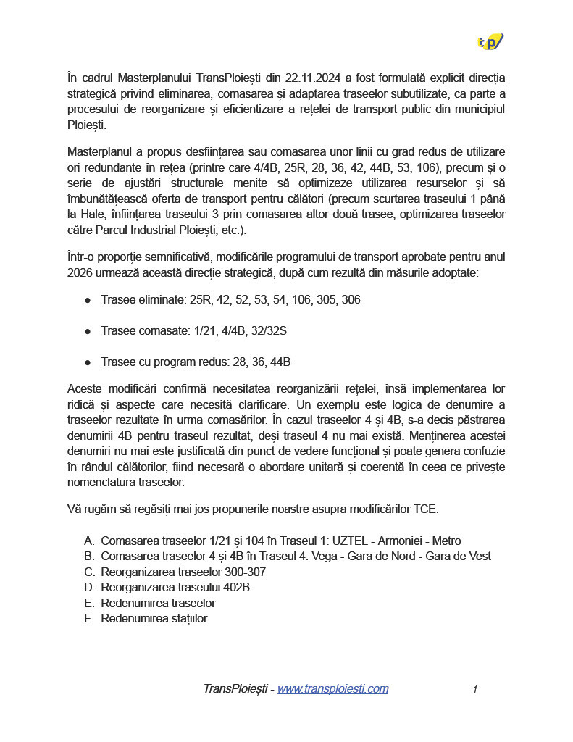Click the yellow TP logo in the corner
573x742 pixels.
tap(490, 42)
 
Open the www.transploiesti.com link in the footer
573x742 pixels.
tap(332, 689)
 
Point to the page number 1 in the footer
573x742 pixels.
tap(474, 690)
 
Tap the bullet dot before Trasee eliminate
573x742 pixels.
tap(88, 299)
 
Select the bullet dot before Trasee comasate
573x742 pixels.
tap(88, 331)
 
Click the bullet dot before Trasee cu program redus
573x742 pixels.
tap(88, 362)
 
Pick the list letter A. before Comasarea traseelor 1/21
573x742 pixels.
tap(89, 541)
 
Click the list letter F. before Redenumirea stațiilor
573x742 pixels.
tap(89, 619)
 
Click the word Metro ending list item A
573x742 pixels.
tap(446, 541)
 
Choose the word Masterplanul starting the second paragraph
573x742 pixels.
tap(101, 151)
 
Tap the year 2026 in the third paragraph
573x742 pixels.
tap(80, 272)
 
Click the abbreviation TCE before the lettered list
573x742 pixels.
tap(425, 509)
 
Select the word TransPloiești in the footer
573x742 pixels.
tap(235, 689)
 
